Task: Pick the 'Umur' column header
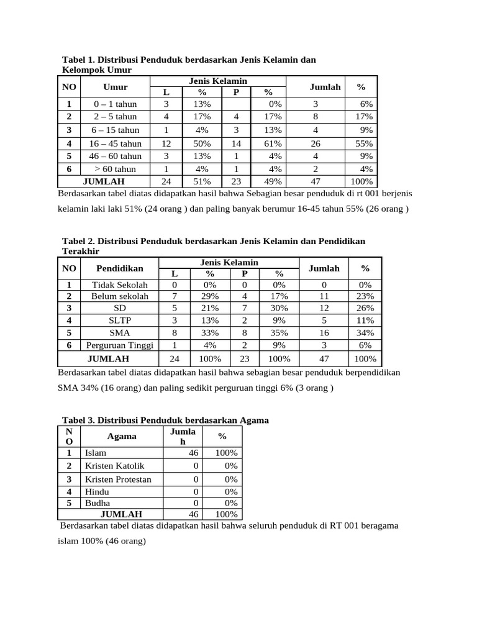click(x=116, y=87)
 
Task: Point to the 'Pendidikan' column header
click(x=120, y=268)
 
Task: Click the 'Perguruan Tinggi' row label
click(x=119, y=345)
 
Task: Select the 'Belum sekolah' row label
click(x=120, y=296)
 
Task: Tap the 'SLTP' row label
click(x=120, y=320)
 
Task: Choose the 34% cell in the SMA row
click(x=365, y=333)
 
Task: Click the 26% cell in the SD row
click(x=365, y=308)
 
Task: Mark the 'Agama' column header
click(x=122, y=436)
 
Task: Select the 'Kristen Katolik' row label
click(x=114, y=465)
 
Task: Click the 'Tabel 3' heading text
click(x=165, y=420)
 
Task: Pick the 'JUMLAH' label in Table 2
click(x=108, y=359)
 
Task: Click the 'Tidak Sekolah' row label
click(x=120, y=284)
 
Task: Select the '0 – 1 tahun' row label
click(x=115, y=104)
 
